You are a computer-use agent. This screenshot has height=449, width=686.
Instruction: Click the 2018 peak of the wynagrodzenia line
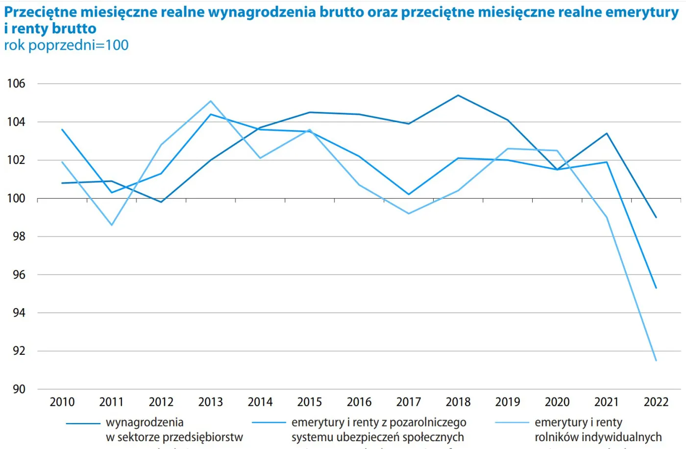(458, 95)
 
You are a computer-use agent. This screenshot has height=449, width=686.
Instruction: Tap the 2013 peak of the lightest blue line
(211, 101)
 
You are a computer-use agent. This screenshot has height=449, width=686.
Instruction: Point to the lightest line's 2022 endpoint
(656, 361)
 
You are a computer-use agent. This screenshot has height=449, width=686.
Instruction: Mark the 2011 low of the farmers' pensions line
(112, 225)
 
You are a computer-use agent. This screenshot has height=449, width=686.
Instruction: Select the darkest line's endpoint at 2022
(656, 217)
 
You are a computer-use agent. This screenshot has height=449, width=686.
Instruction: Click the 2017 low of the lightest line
(409, 213)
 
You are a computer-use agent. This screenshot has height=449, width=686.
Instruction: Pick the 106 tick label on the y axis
(16, 83)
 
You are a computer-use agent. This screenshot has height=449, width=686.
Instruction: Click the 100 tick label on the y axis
(16, 198)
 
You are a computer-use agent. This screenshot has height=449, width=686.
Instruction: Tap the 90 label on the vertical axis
(19, 389)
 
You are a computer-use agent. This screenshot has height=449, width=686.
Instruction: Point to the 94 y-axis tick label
(19, 313)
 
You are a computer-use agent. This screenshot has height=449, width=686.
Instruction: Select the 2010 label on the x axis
(62, 402)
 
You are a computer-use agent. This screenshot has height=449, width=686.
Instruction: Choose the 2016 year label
(359, 402)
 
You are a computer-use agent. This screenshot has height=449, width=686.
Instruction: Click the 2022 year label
(656, 402)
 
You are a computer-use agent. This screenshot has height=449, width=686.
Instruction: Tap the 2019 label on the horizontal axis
(508, 402)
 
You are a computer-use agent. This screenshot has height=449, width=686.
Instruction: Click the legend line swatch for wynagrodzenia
(83, 423)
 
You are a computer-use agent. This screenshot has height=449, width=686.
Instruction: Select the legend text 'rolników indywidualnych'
(598, 437)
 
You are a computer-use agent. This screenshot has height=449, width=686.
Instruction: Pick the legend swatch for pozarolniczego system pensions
(269, 423)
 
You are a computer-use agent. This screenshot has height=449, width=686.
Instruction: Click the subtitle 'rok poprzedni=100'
(66, 45)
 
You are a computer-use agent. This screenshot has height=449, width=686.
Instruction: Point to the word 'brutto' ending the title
(74, 28)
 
